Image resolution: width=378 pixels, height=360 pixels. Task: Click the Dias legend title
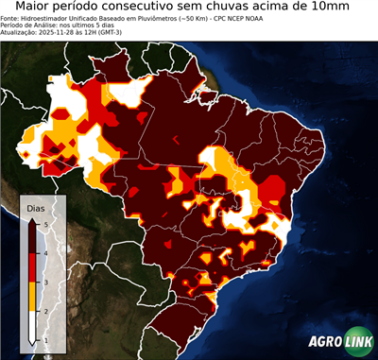pyautogui.click(x=36, y=208)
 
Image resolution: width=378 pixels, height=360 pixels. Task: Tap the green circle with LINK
pyautogui.click(x=356, y=341)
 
